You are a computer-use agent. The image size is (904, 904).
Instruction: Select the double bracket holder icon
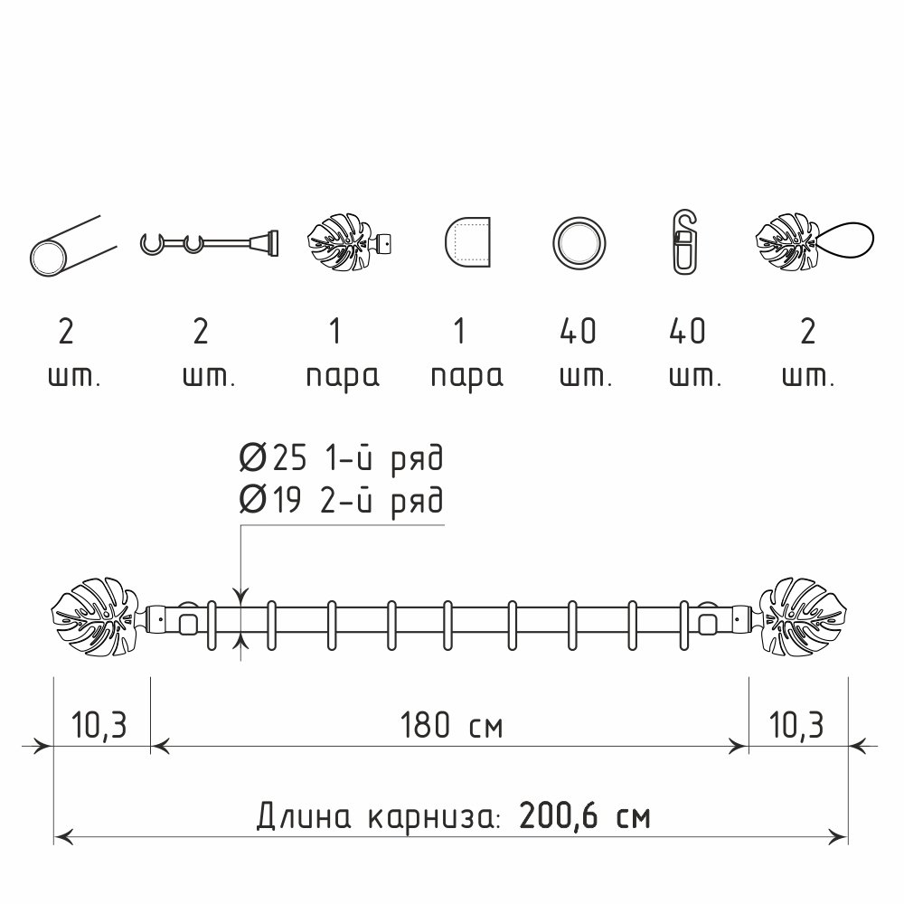tap(210, 242)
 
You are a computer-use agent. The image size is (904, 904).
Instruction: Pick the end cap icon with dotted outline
tap(467, 242)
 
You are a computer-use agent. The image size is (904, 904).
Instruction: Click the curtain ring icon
tap(579, 242)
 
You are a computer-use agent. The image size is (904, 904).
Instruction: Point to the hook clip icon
tap(684, 241)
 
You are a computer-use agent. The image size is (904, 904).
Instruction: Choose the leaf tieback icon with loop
tap(815, 242)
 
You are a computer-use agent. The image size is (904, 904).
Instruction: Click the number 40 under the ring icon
tap(578, 332)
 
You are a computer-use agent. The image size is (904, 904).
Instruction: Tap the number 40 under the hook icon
tap(687, 332)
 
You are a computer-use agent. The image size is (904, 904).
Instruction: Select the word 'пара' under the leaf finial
tap(343, 378)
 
